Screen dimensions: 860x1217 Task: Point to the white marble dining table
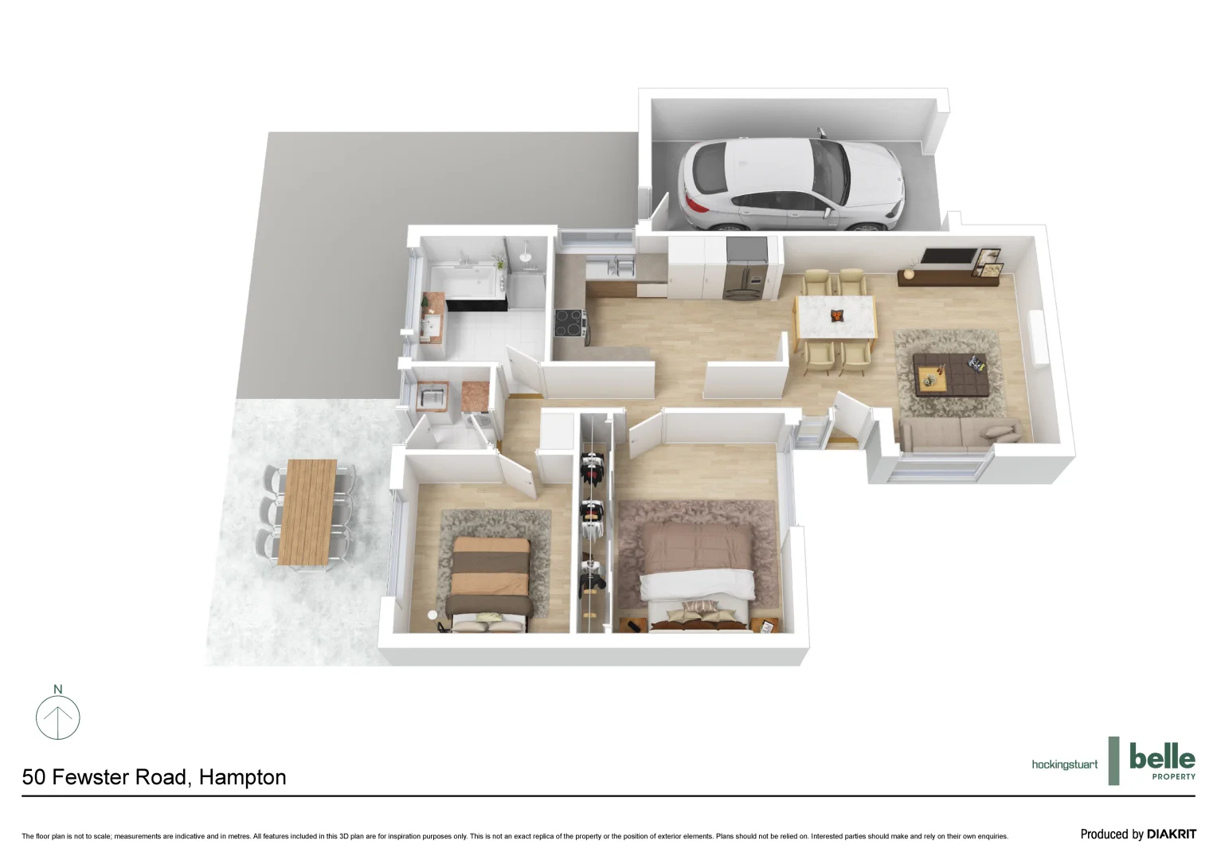pyautogui.click(x=835, y=318)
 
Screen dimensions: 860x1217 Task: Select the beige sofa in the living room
pyautogui.click(x=959, y=434)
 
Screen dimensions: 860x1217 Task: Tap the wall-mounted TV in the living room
pyautogui.click(x=948, y=256)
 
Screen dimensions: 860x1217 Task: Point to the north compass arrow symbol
pyautogui.click(x=58, y=717)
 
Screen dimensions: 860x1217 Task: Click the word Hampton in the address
pyautogui.click(x=242, y=777)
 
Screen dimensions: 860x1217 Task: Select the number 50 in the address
pyautogui.click(x=33, y=777)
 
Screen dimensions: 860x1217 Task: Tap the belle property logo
pyautogui.click(x=1162, y=760)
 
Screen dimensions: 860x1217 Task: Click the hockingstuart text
pyautogui.click(x=1064, y=764)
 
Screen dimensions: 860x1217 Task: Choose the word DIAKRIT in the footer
pyautogui.click(x=1171, y=835)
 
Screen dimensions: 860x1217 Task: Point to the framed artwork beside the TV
pyautogui.click(x=989, y=263)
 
